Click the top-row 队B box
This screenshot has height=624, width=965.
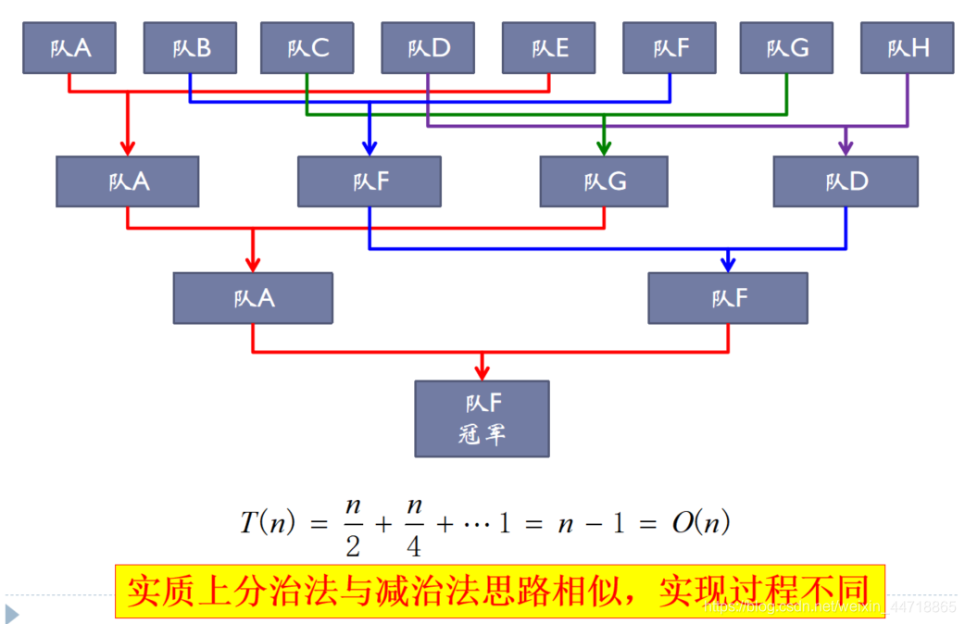[190, 47]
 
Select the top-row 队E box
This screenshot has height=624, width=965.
[549, 47]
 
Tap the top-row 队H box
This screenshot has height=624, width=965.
[907, 47]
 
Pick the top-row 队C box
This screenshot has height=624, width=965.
[307, 47]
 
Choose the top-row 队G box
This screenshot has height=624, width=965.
[786, 47]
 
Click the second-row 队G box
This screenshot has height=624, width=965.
[604, 181]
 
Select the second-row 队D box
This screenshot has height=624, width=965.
[846, 181]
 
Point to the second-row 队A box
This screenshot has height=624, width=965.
[128, 181]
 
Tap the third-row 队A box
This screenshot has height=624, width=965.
[253, 297]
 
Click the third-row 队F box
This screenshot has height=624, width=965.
[728, 297]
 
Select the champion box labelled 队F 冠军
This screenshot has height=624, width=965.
[482, 418]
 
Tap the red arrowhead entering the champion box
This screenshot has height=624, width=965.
[482, 371]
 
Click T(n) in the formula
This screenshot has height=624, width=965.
[268, 523]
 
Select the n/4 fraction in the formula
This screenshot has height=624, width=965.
[413, 526]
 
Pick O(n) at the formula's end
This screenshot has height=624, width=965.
[700, 523]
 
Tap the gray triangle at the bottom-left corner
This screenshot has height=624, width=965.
[12, 613]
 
